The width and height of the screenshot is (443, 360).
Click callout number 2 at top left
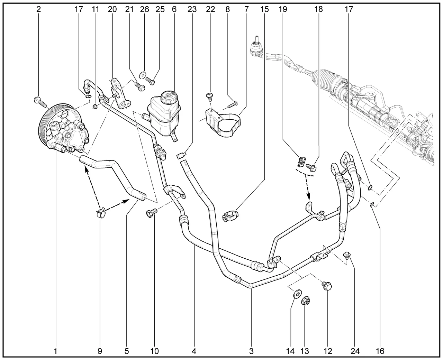point(39,9)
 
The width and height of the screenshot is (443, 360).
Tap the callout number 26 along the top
point(145,9)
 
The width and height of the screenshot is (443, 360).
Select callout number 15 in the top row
point(264,9)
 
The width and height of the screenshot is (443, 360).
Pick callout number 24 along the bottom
point(355,351)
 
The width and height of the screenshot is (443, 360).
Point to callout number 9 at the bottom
point(100,351)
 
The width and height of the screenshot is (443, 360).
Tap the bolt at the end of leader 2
point(41,102)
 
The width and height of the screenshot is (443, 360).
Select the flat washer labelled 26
point(143,75)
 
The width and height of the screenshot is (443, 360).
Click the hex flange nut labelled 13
point(305,301)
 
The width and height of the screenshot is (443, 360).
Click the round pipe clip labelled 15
point(230,216)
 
